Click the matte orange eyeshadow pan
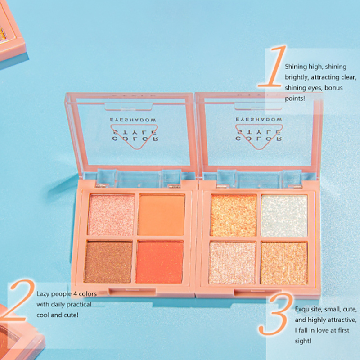coord(162,215)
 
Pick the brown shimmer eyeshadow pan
coord(108,261)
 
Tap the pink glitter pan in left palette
coord(111,215)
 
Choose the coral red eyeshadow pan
coord(160,262)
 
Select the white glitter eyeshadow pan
coord(284,216)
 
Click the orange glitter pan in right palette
coord(233,216)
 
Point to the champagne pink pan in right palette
coord(232,263)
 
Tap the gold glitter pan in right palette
coord(284,263)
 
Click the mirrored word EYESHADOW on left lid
coord(133,120)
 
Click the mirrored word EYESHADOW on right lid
coord(259,119)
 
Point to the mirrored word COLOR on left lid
coord(135,139)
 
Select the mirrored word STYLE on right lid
coord(259,132)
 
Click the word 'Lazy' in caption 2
coord(43,294)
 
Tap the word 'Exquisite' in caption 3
coord(308,309)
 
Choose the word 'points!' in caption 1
coord(295,99)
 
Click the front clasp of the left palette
coord(132,291)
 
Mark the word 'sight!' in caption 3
coord(303,341)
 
